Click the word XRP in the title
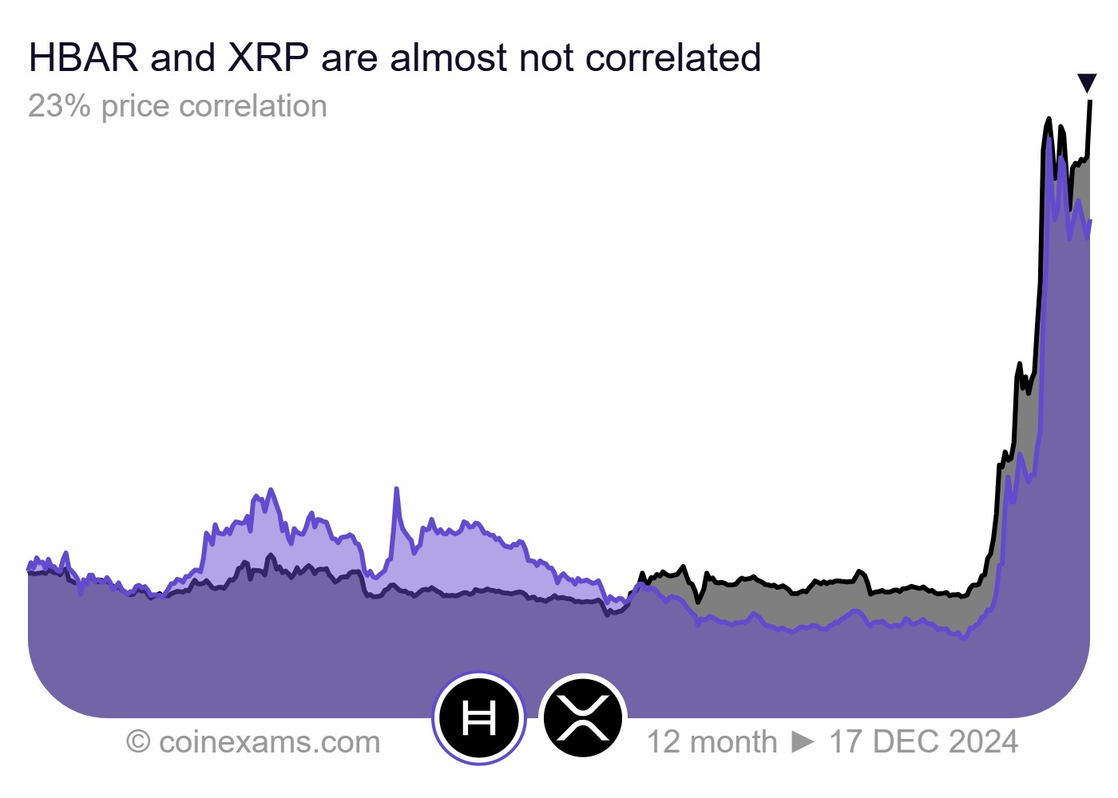pos(268,58)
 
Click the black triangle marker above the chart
pos(1087,82)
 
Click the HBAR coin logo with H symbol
pos(479,718)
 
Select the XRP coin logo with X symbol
pos(583,718)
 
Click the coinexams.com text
pos(269,742)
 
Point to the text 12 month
pos(712,742)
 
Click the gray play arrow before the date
pos(803,742)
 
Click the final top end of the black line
pos(1090,102)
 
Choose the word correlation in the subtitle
pos(253,106)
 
